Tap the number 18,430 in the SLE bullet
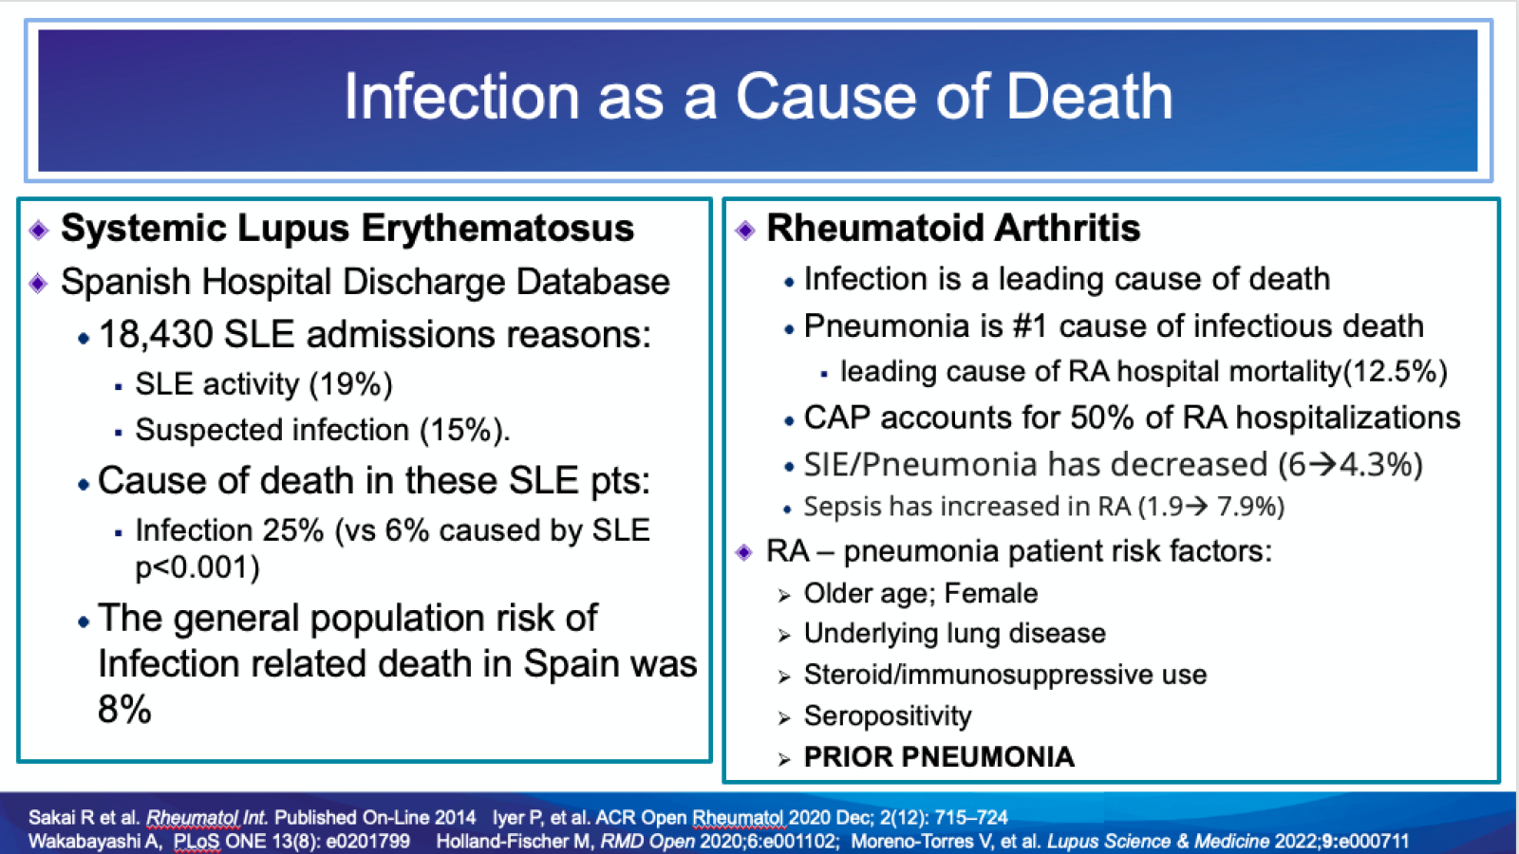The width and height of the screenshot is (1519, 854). [156, 335]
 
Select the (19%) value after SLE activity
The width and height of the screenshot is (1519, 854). [350, 384]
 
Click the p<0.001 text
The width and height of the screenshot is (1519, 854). [197, 567]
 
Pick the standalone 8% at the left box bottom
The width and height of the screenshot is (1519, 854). [124, 709]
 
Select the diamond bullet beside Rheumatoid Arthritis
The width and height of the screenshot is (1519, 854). [745, 230]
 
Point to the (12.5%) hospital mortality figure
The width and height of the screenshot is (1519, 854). [1395, 371]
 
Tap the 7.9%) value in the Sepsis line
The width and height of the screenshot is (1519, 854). [1250, 507]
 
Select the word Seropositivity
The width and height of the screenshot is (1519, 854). [888, 715]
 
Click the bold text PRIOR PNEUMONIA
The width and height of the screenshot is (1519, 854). [939, 757]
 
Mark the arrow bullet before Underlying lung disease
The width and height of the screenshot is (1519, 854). [784, 636]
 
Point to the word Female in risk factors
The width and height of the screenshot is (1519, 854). [991, 594]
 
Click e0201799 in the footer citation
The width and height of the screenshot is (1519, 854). [367, 842]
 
